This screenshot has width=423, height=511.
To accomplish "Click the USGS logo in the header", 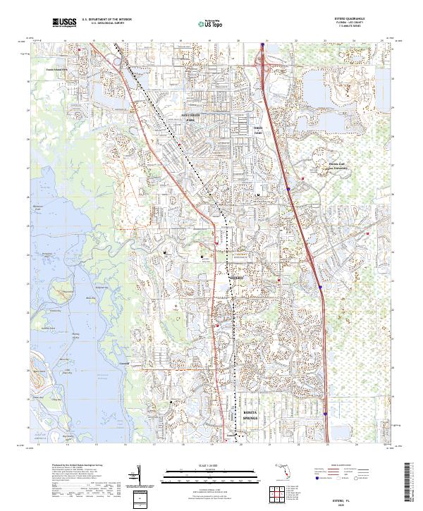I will point(63,23).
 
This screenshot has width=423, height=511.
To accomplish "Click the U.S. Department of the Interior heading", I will point(106,20).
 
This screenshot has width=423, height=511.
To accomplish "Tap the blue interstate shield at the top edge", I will point(262,45).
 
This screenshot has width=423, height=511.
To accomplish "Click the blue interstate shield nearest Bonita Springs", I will point(326,414).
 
